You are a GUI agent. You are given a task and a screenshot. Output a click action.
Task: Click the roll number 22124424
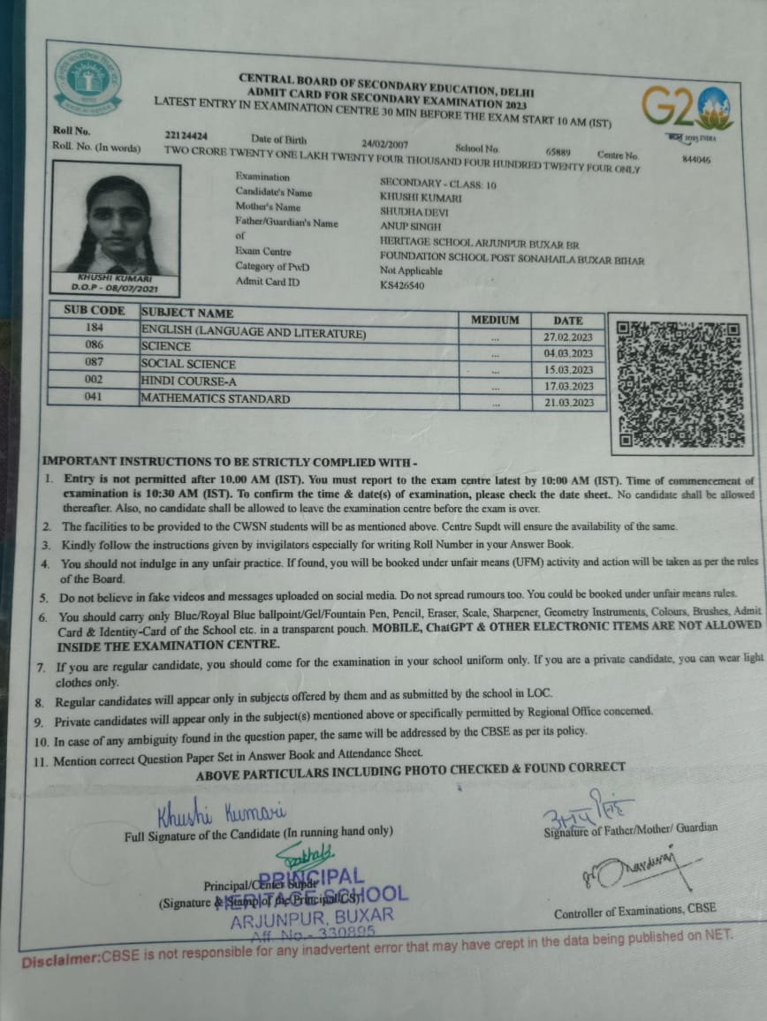pyautogui.click(x=186, y=136)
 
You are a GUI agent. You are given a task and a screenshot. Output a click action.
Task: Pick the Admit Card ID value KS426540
pyautogui.click(x=402, y=285)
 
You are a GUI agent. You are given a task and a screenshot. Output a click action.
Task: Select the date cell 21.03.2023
pyautogui.click(x=568, y=403)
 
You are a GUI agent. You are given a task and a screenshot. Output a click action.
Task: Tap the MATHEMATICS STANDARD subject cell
pyautogui.click(x=216, y=398)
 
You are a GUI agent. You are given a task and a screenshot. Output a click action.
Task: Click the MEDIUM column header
pyautogui.click(x=495, y=320)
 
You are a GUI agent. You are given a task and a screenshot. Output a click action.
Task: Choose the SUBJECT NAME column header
pyautogui.click(x=187, y=313)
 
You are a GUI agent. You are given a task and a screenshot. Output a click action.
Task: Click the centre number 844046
pyautogui.click(x=696, y=160)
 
